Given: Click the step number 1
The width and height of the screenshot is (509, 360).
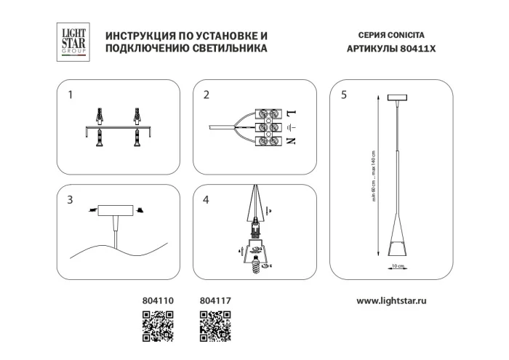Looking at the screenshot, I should click(70, 95).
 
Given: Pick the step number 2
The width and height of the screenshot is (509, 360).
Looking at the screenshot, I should click(207, 95).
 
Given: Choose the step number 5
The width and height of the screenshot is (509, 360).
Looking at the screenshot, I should click(343, 95).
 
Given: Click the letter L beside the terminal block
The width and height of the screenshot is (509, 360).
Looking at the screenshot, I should click(292, 114).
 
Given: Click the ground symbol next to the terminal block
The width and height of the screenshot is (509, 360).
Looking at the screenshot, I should click(292, 128).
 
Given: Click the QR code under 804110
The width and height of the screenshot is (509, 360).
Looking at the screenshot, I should click(156, 325).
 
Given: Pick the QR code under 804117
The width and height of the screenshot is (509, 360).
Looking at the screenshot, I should click(216, 325).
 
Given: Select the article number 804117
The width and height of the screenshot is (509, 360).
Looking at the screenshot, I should click(215, 299).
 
